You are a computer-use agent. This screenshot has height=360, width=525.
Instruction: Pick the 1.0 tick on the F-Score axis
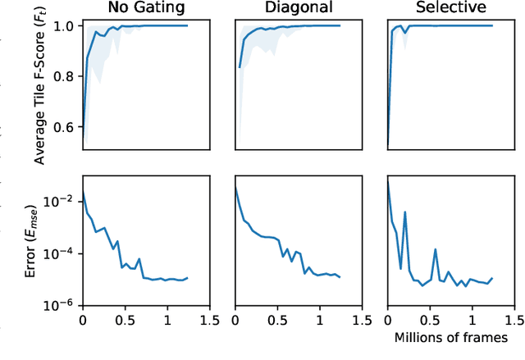[x=66, y=25]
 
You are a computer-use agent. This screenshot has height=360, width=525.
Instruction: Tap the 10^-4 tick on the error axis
[x=63, y=253]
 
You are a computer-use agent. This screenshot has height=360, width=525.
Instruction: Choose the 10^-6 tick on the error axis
[x=63, y=304]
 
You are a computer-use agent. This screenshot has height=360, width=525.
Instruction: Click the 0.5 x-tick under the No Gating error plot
[x=125, y=320]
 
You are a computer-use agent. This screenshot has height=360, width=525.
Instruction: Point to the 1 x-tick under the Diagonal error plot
[x=320, y=320]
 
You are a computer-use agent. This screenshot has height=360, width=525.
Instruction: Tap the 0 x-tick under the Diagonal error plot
[x=235, y=320]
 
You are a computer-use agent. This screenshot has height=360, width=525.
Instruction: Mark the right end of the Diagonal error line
[x=340, y=277]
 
